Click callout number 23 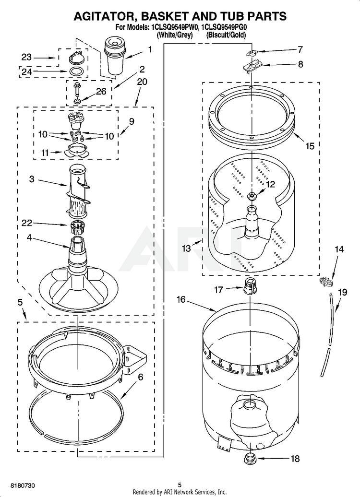point(27,57)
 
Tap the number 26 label point(101,91)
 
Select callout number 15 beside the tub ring point(310,146)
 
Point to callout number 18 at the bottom point(295,459)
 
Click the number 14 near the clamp point(339,249)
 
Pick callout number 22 point(27,223)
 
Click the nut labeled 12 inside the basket point(252,196)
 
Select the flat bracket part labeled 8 point(252,67)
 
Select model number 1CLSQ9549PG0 point(224,27)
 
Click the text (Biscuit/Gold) point(226,35)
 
